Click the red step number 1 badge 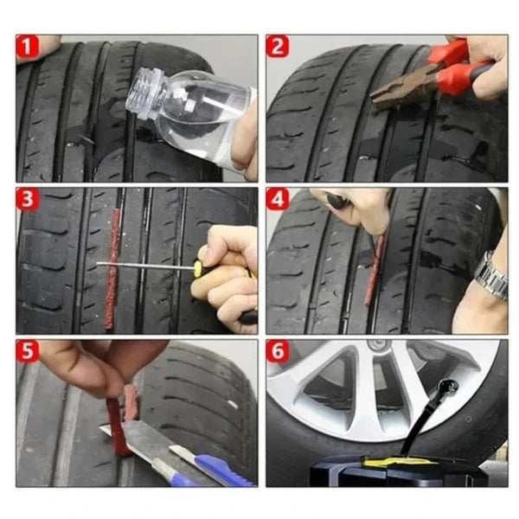(x=28, y=48)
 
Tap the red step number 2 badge (x=277, y=48)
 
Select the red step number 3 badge (x=28, y=200)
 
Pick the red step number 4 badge (x=277, y=200)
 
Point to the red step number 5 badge (x=28, y=352)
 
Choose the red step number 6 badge (x=277, y=352)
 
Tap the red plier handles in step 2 (x=458, y=69)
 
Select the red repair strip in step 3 (x=112, y=268)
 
